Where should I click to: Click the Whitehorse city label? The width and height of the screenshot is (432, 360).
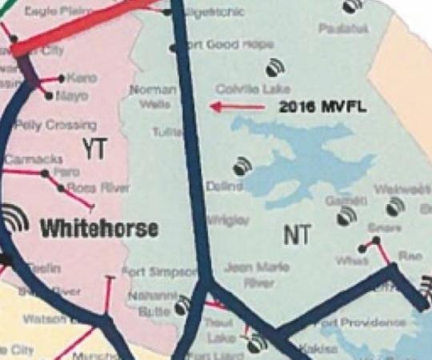click(99, 229)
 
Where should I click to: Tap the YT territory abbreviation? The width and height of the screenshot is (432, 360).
click(94, 147)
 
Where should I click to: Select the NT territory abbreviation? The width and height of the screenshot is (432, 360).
click(297, 234)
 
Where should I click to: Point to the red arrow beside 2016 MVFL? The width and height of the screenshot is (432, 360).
click(237, 106)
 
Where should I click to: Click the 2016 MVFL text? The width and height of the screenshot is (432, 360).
click(322, 106)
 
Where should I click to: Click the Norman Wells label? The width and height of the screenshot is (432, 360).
click(154, 97)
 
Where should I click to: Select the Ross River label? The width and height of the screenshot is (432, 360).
click(98, 188)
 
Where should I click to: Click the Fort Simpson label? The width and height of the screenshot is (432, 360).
click(158, 272)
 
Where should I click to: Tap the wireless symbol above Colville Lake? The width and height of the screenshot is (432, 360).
click(274, 66)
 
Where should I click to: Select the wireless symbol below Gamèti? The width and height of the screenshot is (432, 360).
click(346, 216)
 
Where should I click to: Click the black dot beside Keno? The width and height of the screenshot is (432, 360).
click(62, 78)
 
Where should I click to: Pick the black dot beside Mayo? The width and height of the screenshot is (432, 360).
click(50, 96)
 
